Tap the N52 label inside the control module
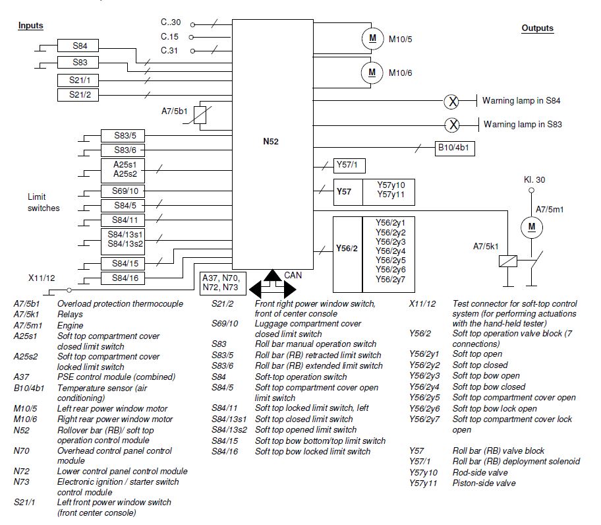271,142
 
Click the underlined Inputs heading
31,26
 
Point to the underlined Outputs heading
537,28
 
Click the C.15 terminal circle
191,37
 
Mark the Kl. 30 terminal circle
531,190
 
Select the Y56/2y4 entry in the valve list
390,251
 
